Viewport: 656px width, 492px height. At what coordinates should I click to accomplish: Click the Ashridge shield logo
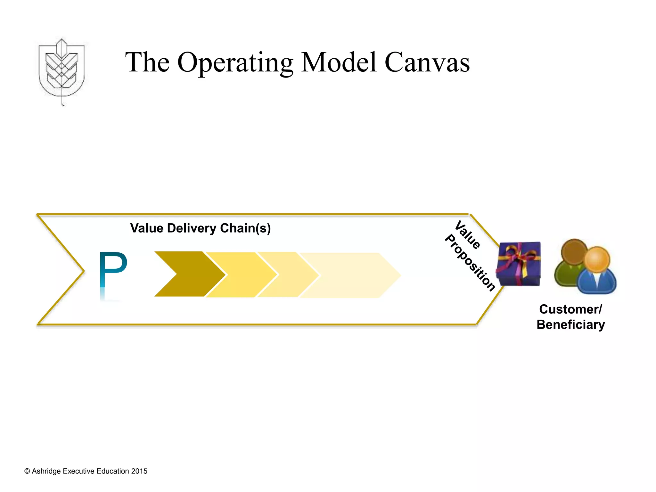click(61, 69)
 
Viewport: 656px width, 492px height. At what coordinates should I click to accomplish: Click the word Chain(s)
click(245, 228)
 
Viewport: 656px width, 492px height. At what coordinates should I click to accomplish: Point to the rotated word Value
click(468, 235)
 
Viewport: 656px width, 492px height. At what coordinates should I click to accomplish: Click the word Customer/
click(570, 309)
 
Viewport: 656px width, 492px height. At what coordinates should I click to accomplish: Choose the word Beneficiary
click(570, 325)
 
